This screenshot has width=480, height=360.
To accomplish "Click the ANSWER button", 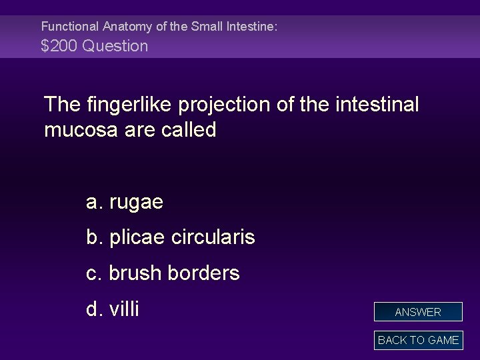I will click(x=418, y=312).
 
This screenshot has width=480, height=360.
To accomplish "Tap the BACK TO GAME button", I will click(x=418, y=340).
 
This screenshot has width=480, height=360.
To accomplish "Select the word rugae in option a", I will click(x=136, y=203).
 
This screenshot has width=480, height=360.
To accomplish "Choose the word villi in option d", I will click(x=124, y=309).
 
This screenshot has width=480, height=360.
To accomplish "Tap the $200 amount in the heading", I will click(x=58, y=46).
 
